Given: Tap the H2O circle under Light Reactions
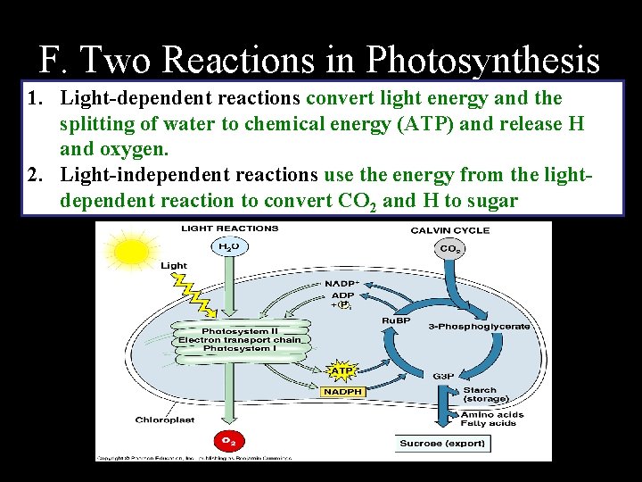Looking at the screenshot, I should point(229,245).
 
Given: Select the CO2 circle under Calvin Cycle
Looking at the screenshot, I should point(449,248).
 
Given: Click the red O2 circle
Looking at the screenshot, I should point(229,440).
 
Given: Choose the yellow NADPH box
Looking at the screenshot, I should point(342,391).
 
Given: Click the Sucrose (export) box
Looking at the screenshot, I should point(442,444).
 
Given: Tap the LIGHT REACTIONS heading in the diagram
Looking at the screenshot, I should point(230,229).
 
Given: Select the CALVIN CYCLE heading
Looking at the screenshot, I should point(450,230).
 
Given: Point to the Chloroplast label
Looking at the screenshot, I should point(161,420).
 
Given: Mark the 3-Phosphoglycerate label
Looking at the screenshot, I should point(479,327).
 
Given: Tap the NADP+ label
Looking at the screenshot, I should point(342,285).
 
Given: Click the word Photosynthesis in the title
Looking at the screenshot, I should point(482,60).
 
